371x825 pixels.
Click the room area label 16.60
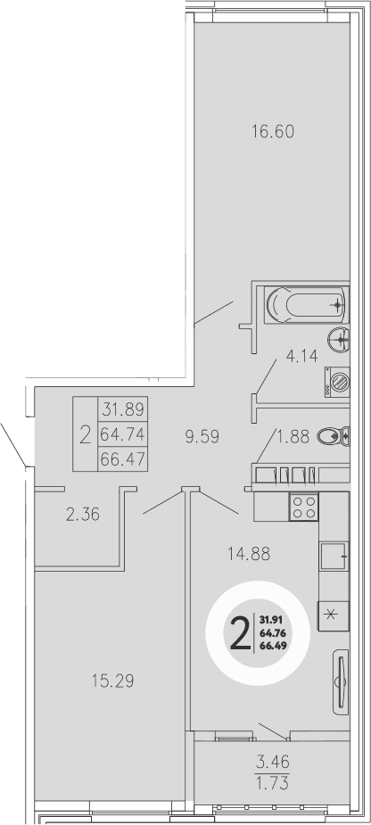[272, 132]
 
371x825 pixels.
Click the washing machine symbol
[337, 384]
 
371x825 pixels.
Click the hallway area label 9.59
[202, 437]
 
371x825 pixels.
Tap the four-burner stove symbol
[303, 507]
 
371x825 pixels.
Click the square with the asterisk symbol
[332, 615]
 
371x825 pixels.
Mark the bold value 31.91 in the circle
[272, 620]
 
